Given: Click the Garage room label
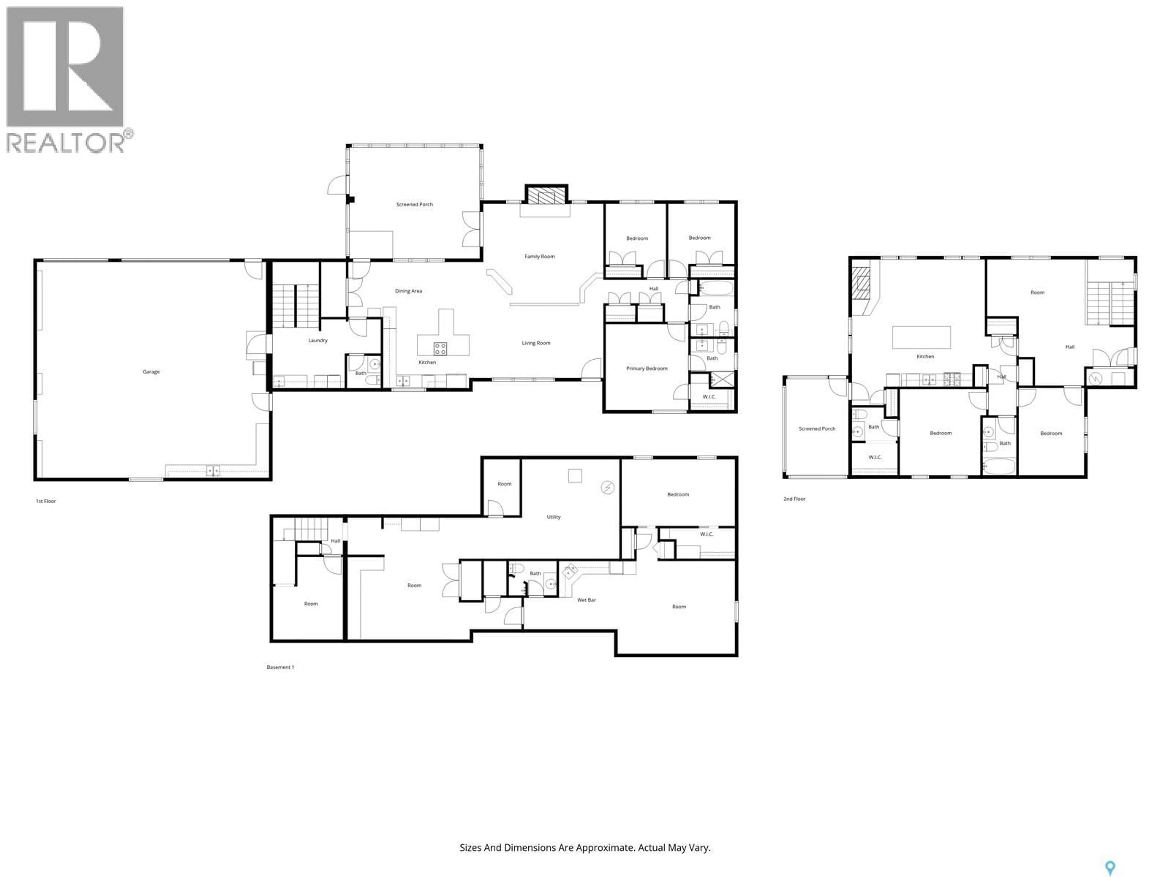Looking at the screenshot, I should coord(151,372).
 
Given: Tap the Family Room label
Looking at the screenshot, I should coord(540,256).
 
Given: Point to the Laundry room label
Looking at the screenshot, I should coord(318,340).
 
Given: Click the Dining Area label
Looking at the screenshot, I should coord(408,291).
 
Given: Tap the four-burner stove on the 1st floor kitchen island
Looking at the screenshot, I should coord(440,348).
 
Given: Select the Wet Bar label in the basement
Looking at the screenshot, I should coord(586,600).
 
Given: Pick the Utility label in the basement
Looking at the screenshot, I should coord(553,517).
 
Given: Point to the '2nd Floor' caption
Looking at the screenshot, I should coord(794,498).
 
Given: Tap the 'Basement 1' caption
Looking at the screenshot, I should coord(280,667).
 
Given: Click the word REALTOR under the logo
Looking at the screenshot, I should coord(65,143).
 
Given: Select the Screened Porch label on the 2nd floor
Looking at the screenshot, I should coord(817,429).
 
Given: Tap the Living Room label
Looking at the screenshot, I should coord(536,343).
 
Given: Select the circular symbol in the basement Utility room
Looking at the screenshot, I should coord(608,488).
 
